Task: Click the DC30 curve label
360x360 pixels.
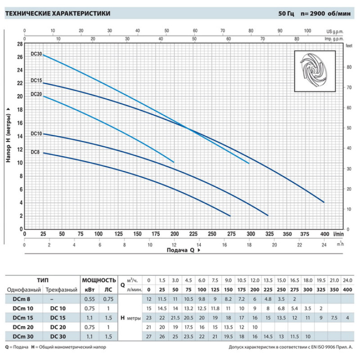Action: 36,54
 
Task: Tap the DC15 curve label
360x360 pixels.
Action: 36,81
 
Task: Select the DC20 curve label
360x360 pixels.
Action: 36,94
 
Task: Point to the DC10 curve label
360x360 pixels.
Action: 36,134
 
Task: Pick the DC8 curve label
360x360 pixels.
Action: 35,152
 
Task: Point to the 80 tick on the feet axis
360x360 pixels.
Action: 348,67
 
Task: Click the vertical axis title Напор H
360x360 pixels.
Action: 9,135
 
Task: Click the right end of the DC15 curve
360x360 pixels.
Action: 324,202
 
